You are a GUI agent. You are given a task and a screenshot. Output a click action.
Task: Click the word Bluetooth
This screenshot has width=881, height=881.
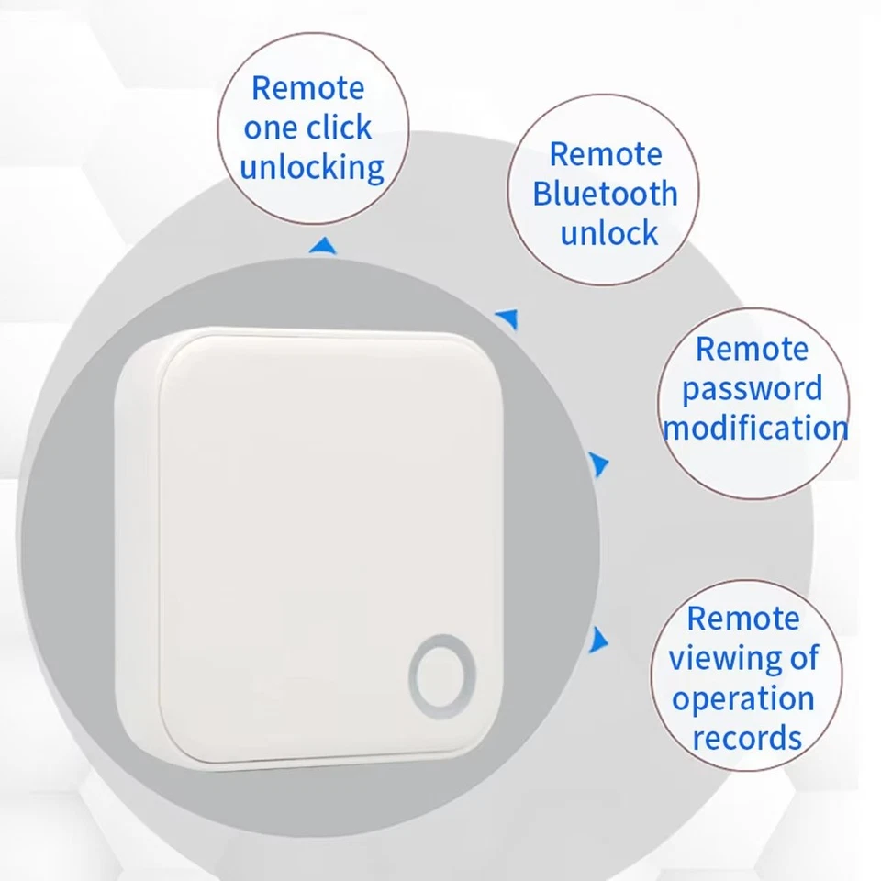(605, 194)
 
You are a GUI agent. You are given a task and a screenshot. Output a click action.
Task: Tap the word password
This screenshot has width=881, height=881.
(752, 389)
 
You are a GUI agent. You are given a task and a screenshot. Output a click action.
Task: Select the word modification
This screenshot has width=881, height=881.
(754, 429)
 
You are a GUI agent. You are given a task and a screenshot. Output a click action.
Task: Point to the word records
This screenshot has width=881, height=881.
(746, 737)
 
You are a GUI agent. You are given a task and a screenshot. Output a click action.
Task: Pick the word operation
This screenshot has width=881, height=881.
(742, 698)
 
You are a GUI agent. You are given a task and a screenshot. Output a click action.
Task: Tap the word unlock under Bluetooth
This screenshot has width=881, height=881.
(608, 233)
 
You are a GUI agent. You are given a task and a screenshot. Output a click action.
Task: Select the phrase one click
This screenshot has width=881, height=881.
(307, 128)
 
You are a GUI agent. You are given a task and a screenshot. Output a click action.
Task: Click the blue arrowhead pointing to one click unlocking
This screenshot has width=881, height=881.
(320, 246)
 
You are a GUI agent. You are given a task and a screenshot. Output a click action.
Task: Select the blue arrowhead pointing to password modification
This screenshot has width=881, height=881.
(599, 464)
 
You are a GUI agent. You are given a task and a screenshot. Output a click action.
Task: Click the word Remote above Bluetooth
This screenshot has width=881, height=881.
(605, 154)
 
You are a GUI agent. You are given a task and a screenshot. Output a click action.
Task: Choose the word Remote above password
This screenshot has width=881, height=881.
(752, 349)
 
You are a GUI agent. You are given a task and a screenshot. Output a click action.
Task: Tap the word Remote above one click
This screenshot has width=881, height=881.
(307, 89)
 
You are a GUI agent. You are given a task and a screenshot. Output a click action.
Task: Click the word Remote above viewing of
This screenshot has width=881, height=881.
(742, 619)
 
